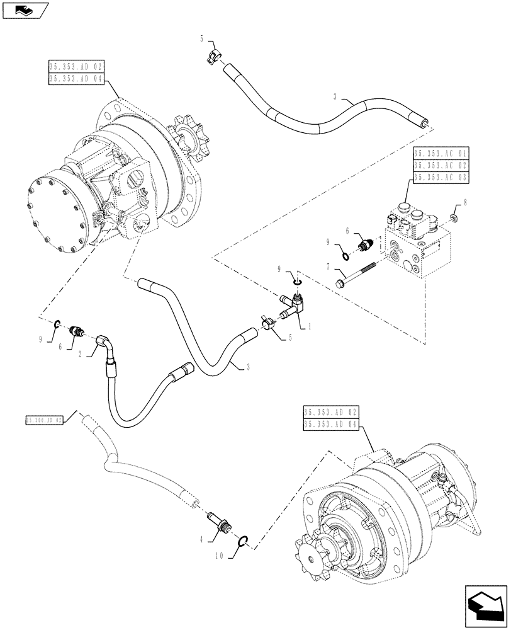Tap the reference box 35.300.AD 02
click(45, 420)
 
